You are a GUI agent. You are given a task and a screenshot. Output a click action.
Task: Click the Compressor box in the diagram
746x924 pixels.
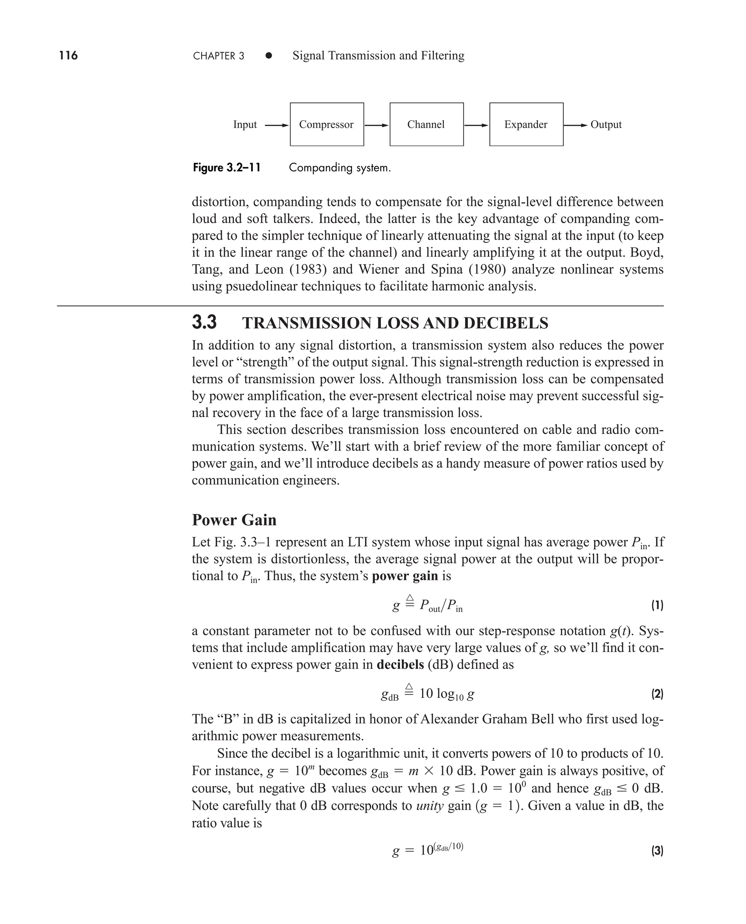(x=327, y=124)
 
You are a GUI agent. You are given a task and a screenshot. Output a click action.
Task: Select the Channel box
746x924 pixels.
(x=426, y=124)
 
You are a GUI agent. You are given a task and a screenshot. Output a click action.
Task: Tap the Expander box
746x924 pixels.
(x=526, y=124)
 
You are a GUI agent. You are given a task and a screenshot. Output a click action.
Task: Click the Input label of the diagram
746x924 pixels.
(x=244, y=125)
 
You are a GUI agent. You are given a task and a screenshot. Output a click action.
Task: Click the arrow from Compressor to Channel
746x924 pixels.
(x=376, y=125)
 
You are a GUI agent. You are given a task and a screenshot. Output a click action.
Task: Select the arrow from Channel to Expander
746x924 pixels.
(x=476, y=125)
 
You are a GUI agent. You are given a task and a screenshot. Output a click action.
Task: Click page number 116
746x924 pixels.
(x=68, y=55)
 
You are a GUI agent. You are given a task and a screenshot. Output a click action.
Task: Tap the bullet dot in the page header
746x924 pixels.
(x=268, y=55)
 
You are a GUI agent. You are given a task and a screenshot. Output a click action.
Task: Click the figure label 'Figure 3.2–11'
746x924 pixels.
(x=227, y=168)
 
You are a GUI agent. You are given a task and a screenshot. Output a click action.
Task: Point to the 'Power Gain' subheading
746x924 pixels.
(x=234, y=520)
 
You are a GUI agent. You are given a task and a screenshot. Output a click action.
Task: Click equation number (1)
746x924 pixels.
(x=657, y=605)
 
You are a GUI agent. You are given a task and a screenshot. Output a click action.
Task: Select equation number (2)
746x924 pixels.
(x=657, y=694)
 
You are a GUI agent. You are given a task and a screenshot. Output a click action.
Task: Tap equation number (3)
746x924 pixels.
(x=657, y=850)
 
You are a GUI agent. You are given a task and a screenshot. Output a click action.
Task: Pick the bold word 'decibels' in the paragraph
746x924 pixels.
(x=400, y=664)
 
